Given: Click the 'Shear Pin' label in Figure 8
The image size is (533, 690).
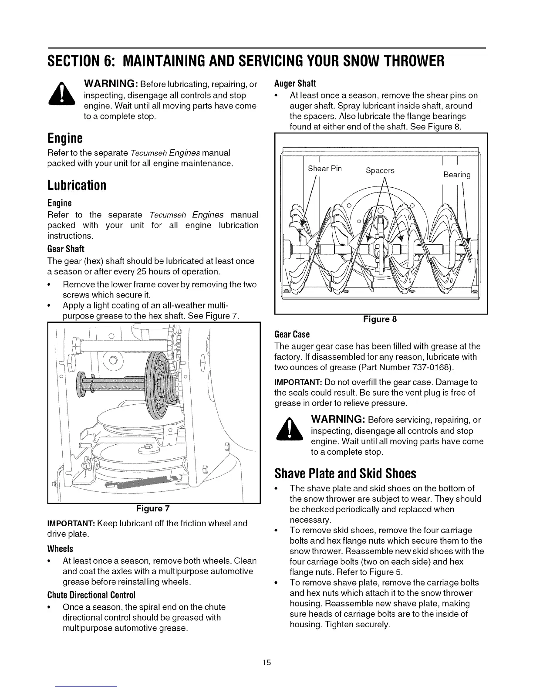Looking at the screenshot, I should click(x=324, y=169).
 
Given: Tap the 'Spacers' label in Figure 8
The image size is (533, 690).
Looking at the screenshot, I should click(x=380, y=170).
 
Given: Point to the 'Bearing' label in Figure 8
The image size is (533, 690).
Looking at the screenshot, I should click(x=457, y=175).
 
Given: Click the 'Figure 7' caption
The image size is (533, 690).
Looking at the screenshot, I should click(x=153, y=508).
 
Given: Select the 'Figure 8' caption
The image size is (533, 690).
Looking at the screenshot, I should click(x=380, y=319).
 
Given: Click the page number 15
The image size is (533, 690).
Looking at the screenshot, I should click(x=266, y=663).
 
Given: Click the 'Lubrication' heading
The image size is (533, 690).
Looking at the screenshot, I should click(x=77, y=185).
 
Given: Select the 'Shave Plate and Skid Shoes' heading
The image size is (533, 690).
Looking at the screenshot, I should click(x=345, y=473).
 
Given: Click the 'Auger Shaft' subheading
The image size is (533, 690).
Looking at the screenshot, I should click(x=295, y=83).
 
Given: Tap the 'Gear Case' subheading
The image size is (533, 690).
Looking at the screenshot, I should click(x=292, y=335).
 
